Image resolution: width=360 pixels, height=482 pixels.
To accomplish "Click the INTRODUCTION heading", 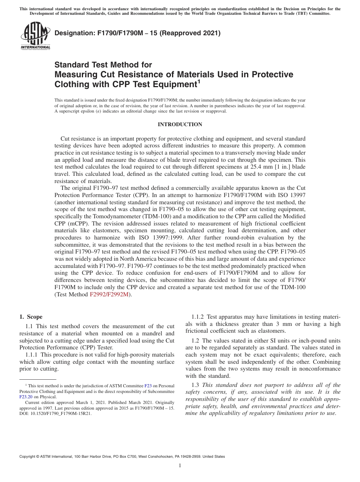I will (180, 124).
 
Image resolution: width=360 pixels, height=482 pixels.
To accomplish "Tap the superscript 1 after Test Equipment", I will (199, 81).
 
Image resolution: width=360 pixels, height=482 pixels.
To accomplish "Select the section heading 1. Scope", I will (31, 317).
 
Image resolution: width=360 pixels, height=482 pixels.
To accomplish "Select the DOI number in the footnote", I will (61, 414).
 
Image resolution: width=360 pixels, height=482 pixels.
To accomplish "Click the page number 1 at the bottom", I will (180, 466).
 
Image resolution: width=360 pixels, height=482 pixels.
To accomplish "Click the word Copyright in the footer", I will (28, 457).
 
